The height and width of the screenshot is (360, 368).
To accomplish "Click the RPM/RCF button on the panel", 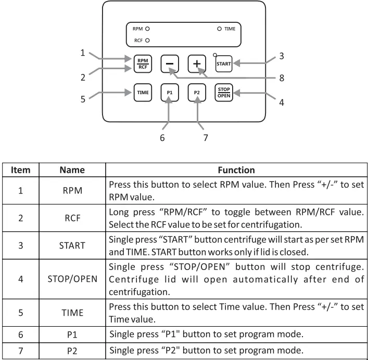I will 142,63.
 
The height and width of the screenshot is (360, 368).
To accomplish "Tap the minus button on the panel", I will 169,63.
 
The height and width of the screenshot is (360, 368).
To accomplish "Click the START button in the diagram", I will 224,63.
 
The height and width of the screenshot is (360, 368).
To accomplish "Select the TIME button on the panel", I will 142,92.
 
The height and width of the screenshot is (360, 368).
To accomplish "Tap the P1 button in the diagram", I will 169,92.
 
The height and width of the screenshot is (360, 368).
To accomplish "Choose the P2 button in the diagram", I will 197,92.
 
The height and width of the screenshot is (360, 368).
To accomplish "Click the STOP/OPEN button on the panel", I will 224,92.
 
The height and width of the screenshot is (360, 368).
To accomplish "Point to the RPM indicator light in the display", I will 147,30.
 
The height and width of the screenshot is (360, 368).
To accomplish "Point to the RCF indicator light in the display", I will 147,40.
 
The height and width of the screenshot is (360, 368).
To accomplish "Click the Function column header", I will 236,170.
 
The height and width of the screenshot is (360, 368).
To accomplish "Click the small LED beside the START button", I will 214,54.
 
